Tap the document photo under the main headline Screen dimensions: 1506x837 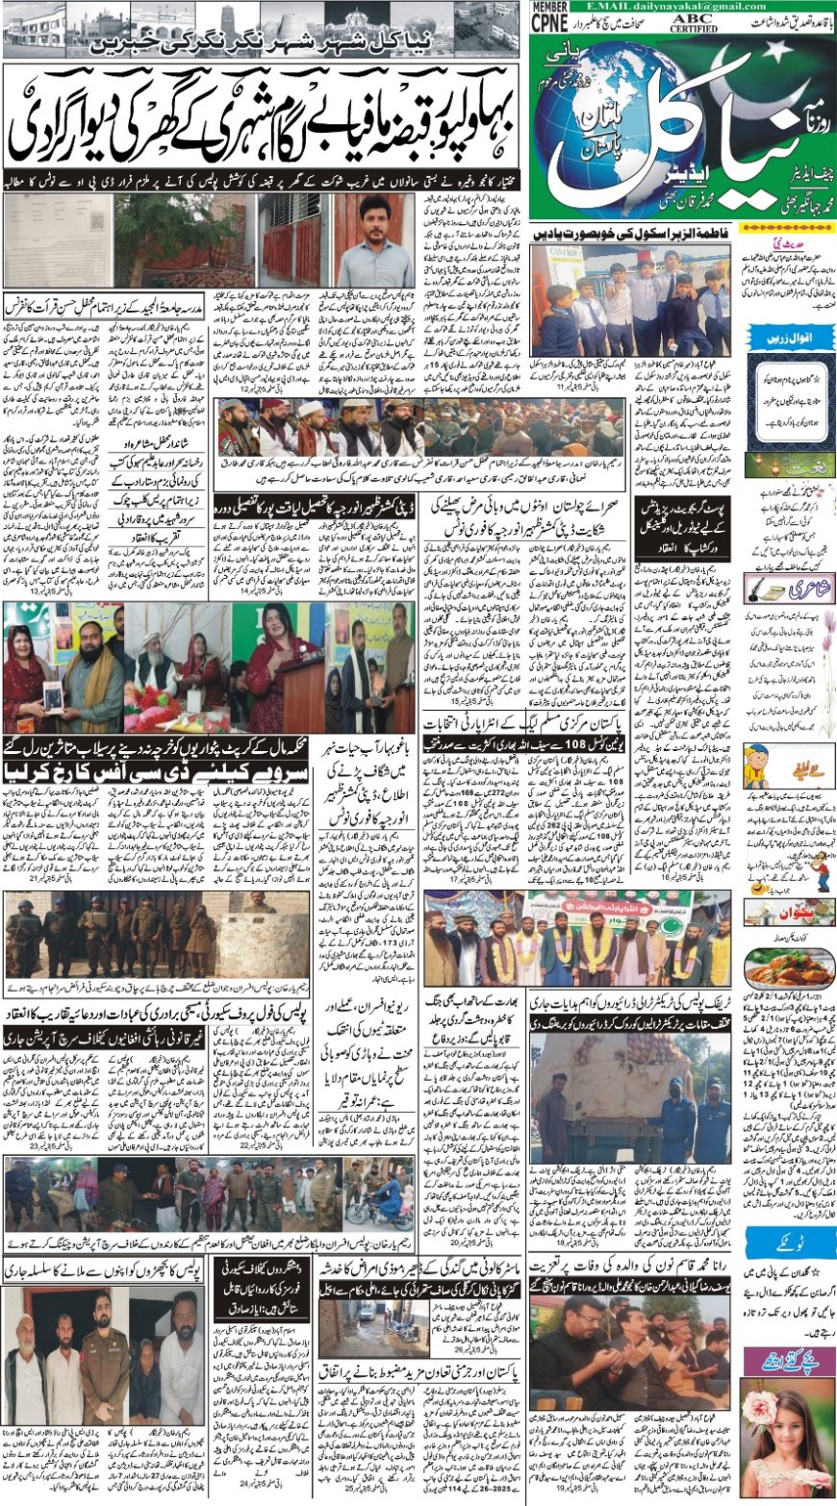(x=58, y=240)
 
